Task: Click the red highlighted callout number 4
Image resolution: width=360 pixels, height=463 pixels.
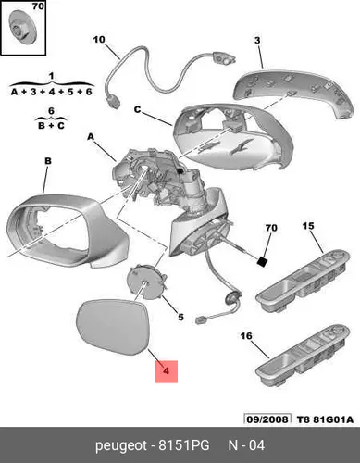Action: pos(167,371)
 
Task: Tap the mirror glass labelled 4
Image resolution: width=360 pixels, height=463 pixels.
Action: pos(113,328)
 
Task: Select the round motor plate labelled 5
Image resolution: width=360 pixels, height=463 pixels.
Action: pos(146,283)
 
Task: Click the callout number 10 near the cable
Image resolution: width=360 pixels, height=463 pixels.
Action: pos(99,40)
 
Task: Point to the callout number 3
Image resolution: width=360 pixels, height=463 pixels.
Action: pos(257,41)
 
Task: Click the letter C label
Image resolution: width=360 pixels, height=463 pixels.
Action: pos(138,109)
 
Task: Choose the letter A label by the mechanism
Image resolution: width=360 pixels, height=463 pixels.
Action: pos(91,137)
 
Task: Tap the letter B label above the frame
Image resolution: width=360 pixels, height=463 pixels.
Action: pos(48,161)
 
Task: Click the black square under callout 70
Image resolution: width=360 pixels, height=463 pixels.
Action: pos(262,262)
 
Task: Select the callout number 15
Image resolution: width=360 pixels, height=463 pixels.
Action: pos(308,226)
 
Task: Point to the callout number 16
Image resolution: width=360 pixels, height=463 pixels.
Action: pos(246,336)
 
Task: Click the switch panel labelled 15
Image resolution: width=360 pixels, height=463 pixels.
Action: pos(304,278)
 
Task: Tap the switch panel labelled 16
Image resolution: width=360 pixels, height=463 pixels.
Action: pos(304,355)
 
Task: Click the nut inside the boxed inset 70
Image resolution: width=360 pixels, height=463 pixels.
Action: pos(23,27)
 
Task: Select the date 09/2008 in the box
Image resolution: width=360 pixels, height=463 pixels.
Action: pos(267,419)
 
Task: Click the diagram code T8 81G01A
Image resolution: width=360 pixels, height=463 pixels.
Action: pos(325,419)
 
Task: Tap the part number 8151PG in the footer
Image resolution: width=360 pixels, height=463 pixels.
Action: pos(184,445)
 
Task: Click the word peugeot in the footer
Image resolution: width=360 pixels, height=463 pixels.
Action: pos(121,446)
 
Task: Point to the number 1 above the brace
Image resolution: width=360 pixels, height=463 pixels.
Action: pos(51,76)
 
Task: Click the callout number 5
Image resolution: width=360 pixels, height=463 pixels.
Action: pos(180,317)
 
